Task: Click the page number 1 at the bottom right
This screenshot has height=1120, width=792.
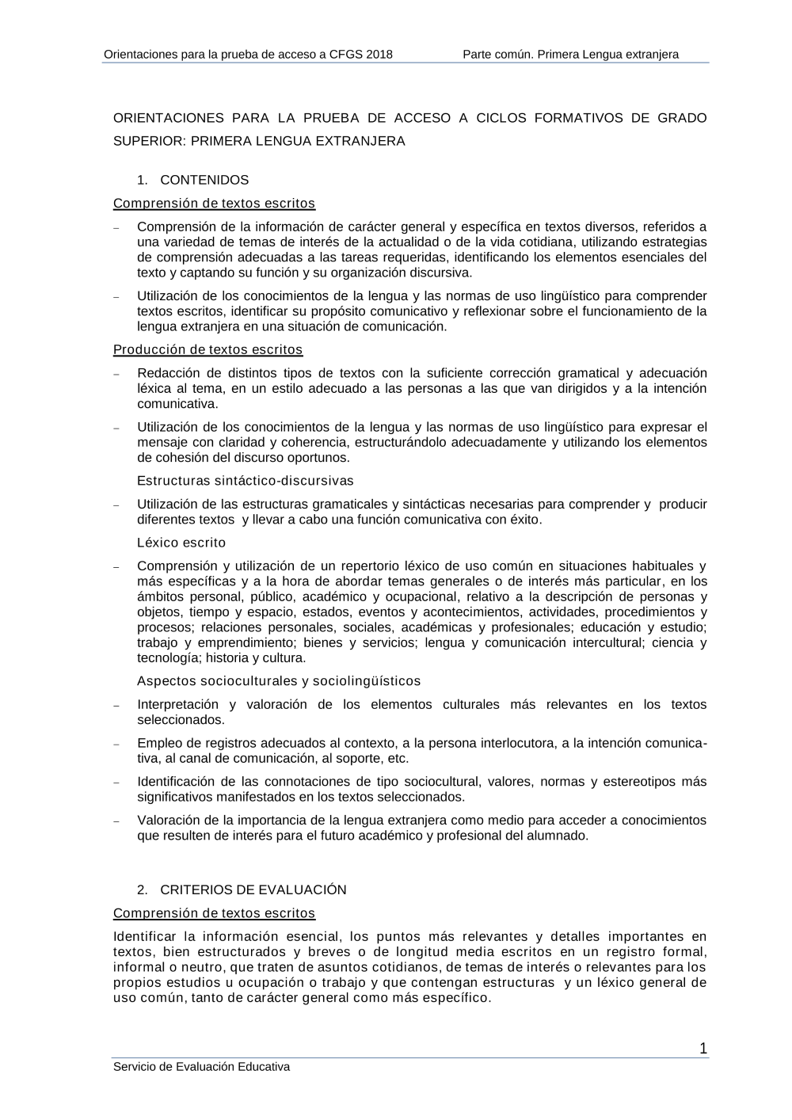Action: click(703, 1049)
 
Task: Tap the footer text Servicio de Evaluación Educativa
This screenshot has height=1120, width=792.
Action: click(201, 1067)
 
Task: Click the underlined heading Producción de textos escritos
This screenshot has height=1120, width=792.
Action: click(208, 349)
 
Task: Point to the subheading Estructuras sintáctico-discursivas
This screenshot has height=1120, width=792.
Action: click(246, 481)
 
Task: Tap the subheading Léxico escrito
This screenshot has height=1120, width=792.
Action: click(181, 543)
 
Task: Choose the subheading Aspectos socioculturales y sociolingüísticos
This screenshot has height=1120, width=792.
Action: click(279, 681)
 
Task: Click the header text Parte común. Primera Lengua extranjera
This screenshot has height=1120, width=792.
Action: click(570, 55)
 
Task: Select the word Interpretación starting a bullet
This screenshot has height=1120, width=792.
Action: click(177, 704)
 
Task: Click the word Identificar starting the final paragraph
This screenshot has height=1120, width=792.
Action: click(145, 936)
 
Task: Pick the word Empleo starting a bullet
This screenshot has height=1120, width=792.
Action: click(158, 743)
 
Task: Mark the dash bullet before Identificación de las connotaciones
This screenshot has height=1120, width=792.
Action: click(116, 783)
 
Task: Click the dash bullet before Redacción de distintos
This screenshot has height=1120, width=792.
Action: click(116, 374)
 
